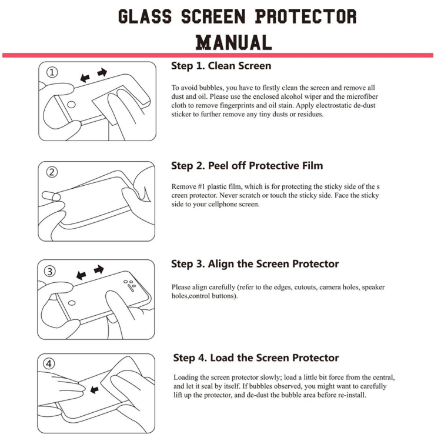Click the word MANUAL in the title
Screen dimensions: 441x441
(233, 42)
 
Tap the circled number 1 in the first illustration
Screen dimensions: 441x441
(52, 72)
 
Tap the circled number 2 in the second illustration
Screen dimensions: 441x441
(52, 172)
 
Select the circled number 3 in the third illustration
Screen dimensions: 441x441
(51, 271)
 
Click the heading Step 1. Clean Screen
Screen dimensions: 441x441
(221, 66)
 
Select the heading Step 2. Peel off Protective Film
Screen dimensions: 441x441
(247, 166)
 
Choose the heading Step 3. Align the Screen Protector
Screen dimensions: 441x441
(255, 264)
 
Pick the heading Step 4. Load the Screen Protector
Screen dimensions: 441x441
(256, 358)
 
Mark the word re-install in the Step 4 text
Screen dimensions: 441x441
(350, 395)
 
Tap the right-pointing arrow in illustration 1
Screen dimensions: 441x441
(102, 72)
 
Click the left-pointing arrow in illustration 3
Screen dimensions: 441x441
(81, 275)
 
